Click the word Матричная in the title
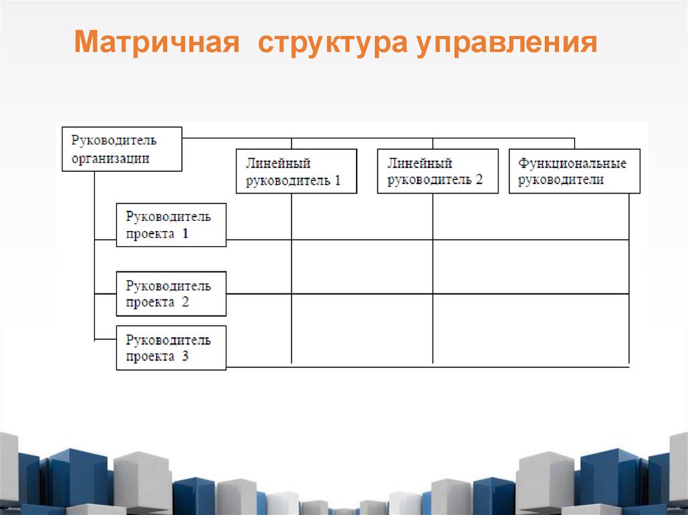click(x=157, y=43)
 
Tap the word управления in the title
click(x=507, y=43)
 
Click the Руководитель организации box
click(x=122, y=149)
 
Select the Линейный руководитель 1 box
click(x=296, y=171)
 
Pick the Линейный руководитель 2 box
click(x=437, y=171)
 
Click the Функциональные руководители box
click(x=574, y=171)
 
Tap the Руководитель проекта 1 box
click(x=171, y=225)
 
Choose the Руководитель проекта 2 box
click(x=171, y=293)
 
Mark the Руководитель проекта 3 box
click(x=171, y=348)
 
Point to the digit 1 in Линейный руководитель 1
click(x=337, y=180)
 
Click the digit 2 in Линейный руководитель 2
click(x=478, y=180)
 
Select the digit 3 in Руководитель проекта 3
click(x=185, y=357)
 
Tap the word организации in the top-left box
click(x=110, y=158)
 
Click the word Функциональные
click(x=572, y=163)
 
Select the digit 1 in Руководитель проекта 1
click(x=185, y=234)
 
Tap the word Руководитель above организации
click(x=114, y=140)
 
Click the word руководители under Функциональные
click(x=561, y=180)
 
